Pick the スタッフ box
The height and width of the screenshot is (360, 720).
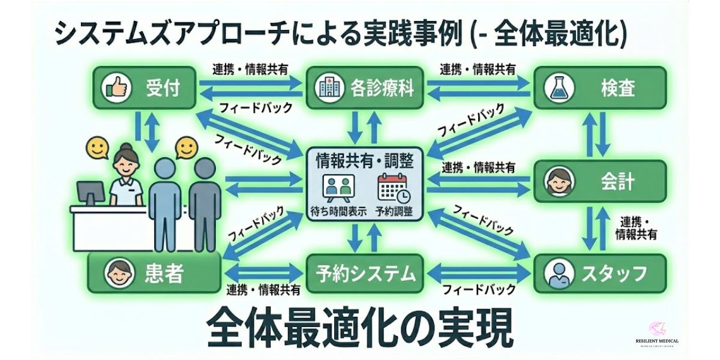(600, 274)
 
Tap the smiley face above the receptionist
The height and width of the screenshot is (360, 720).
(96, 146)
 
